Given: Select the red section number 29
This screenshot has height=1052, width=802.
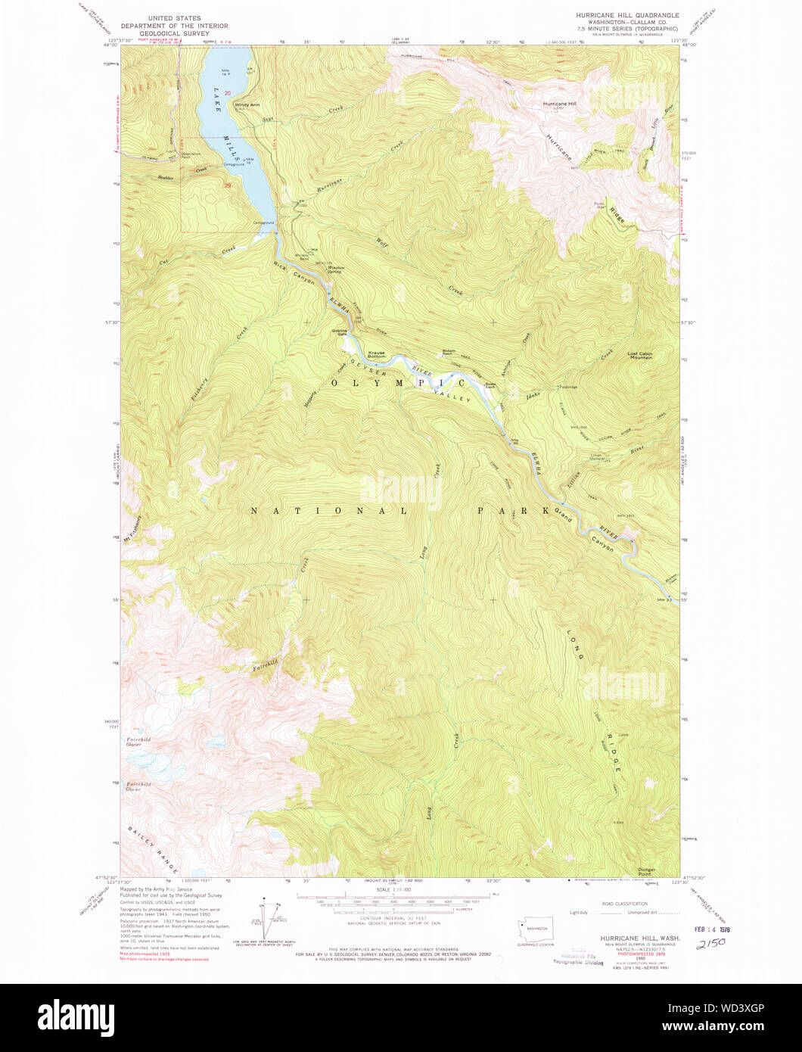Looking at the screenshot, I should coord(226,185).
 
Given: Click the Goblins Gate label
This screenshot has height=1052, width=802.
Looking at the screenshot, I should coord(339,331).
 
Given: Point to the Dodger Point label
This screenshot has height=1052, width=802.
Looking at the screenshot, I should coord(646,871).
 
